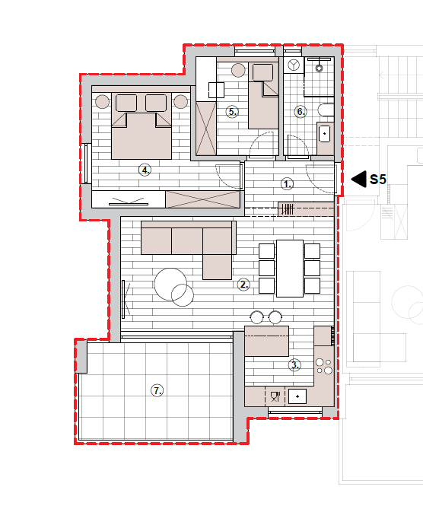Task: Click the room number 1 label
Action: point(287,183)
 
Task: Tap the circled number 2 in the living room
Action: point(243,285)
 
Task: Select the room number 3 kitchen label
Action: point(294,365)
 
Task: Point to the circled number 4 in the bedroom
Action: point(145,170)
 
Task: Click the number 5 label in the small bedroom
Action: point(232,112)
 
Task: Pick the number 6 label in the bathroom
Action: point(301,112)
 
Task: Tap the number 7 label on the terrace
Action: point(157,390)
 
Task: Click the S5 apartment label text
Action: point(378,180)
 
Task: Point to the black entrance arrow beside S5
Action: point(359,180)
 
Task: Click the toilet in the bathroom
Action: point(326,110)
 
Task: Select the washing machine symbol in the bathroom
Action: point(294,65)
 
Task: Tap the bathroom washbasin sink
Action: point(324,134)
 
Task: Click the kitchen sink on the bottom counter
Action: point(297,396)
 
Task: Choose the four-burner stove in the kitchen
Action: point(324,366)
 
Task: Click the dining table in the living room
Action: point(290,269)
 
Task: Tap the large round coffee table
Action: point(170,285)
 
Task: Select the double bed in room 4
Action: point(142,126)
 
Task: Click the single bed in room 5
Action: point(263,95)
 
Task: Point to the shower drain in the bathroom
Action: point(319,68)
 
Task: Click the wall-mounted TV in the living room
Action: point(123,299)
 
